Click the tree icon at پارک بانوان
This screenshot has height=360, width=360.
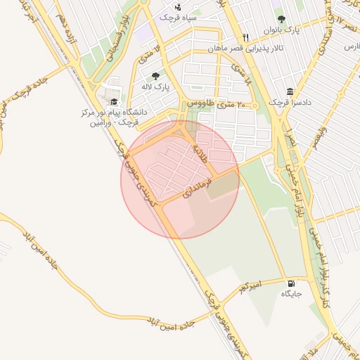282,19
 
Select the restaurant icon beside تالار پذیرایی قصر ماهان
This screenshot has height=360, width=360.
245,37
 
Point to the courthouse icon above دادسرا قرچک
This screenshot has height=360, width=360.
290,91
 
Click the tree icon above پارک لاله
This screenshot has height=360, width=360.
155,75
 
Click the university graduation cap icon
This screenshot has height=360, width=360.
114,101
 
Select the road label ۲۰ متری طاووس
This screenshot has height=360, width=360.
211,104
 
